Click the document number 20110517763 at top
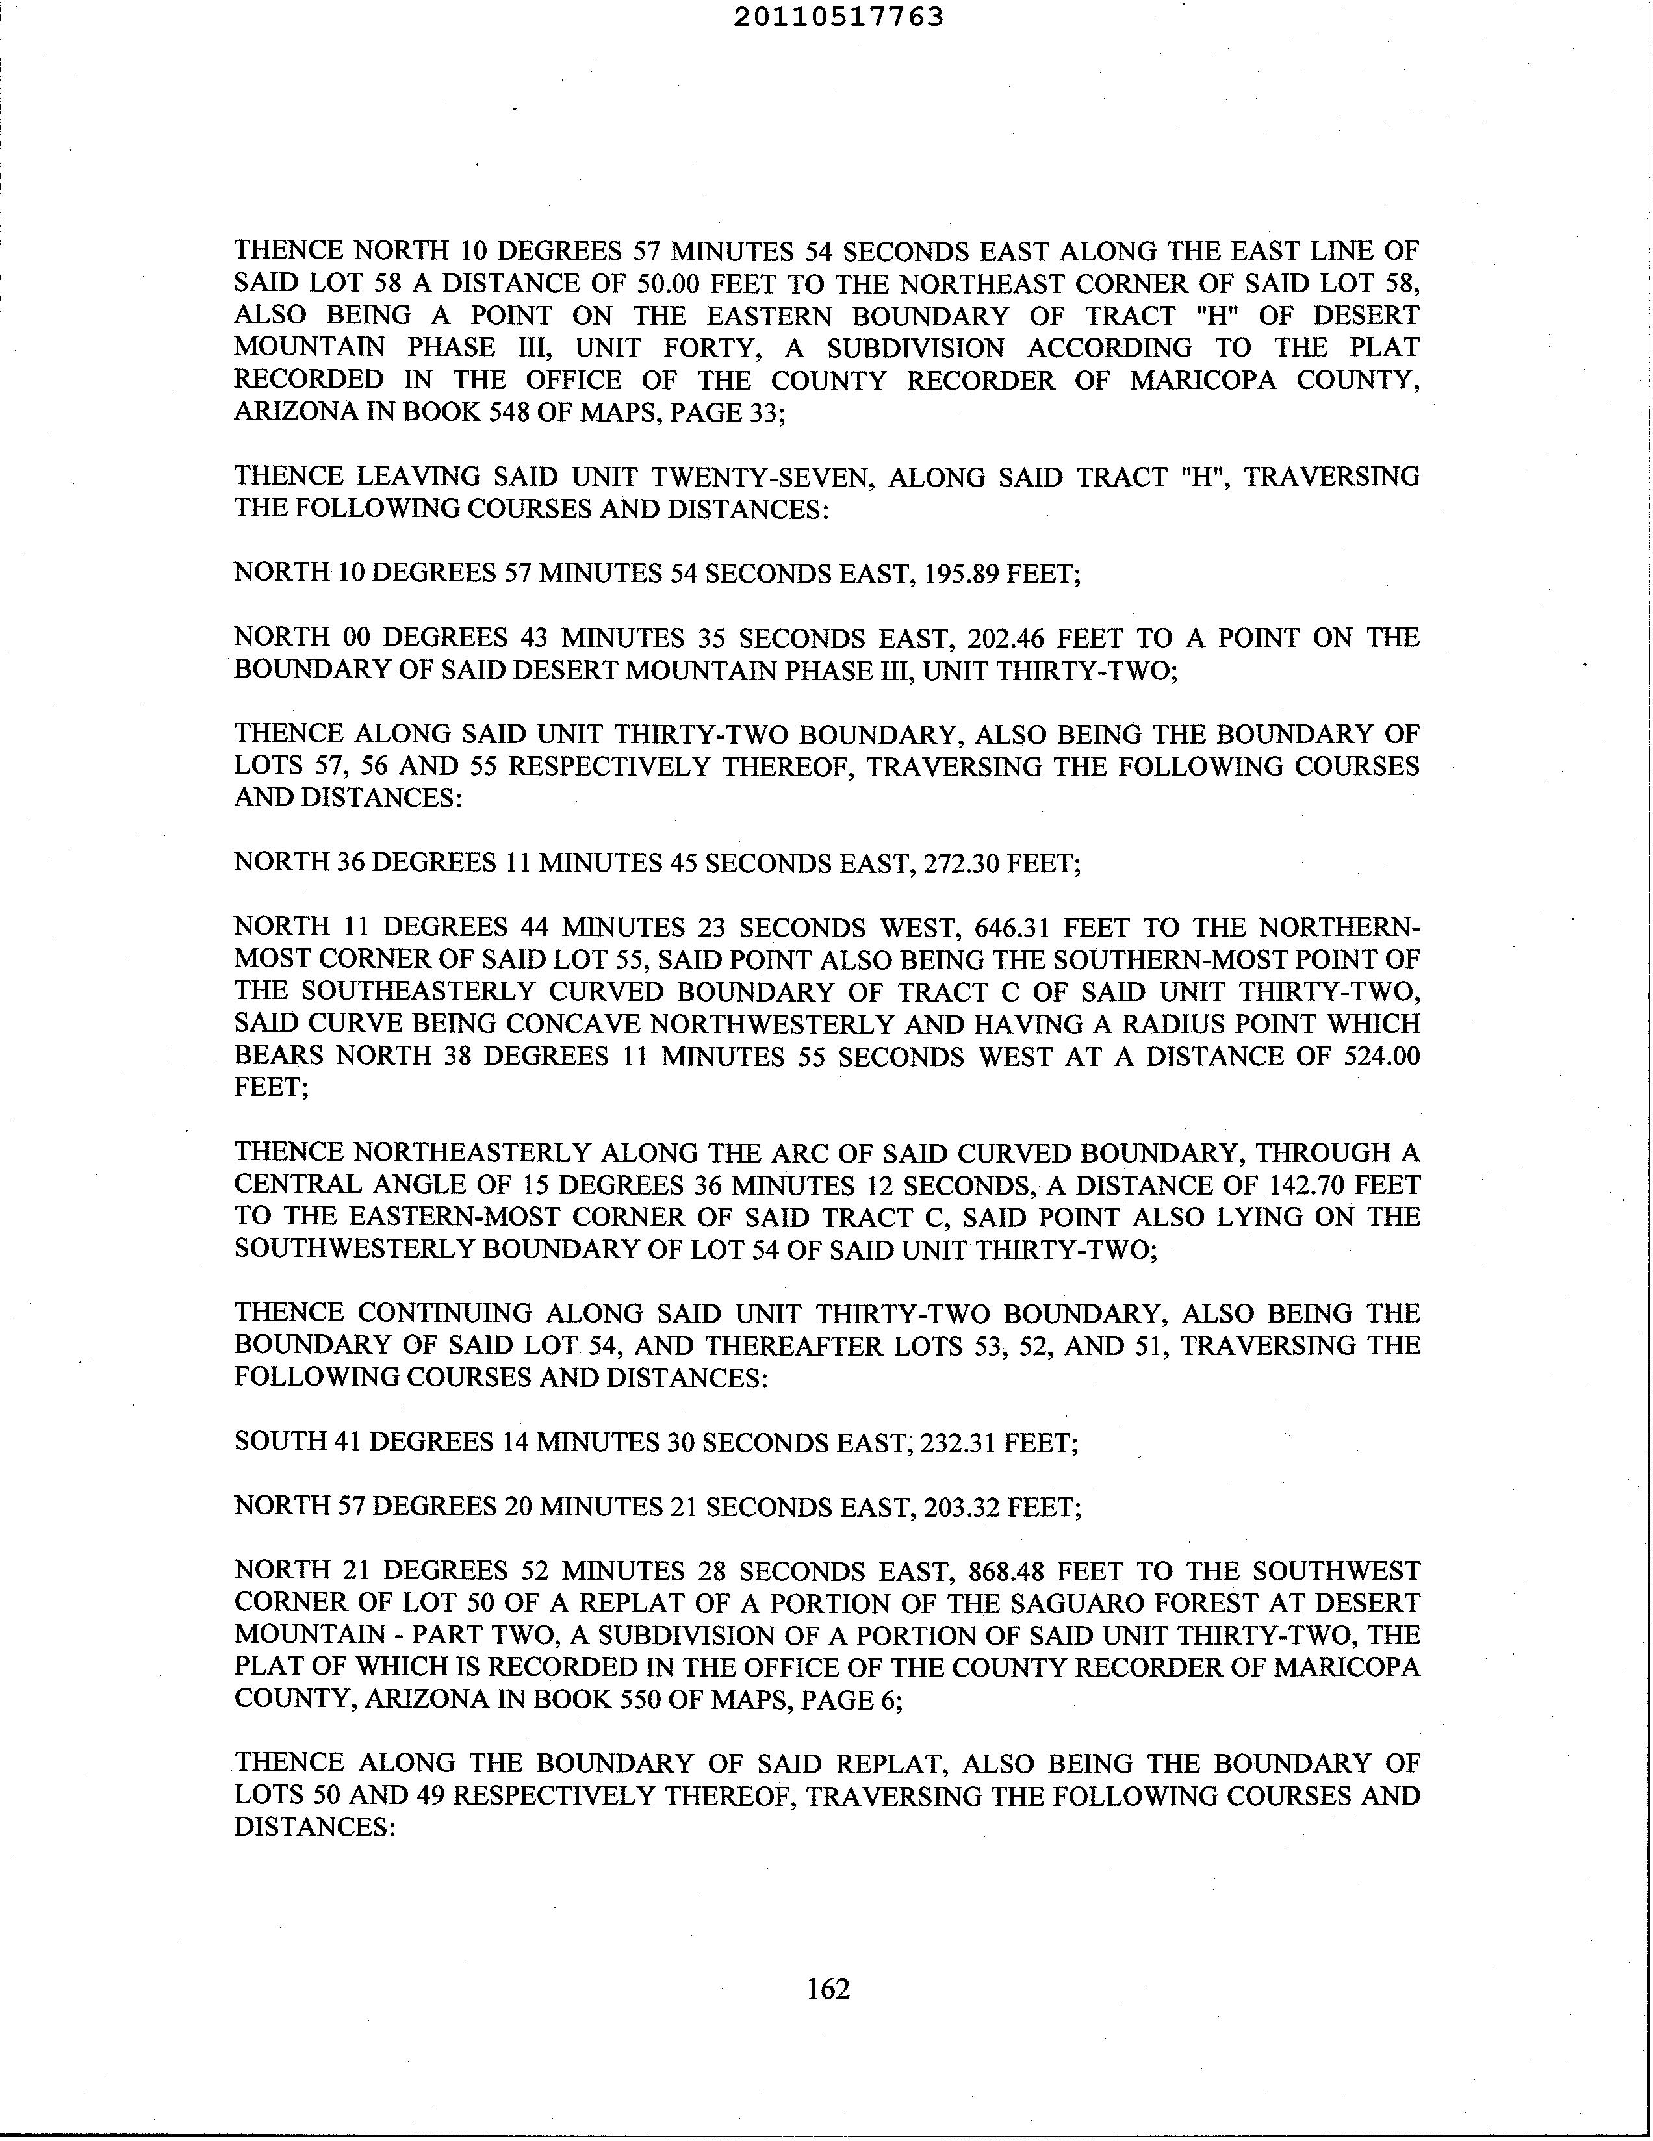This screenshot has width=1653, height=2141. click(x=838, y=17)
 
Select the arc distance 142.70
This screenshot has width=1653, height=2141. click(x=1308, y=1185)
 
